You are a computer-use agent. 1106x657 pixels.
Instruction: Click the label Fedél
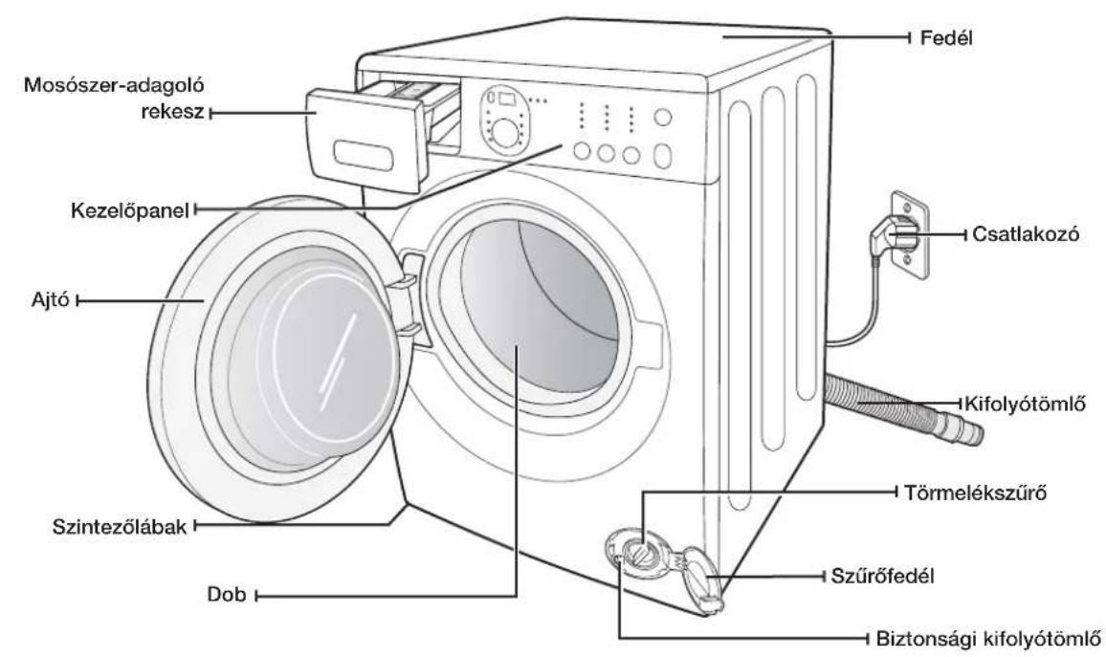[946, 37]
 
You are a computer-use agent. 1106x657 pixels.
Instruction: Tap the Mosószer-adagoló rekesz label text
[114, 98]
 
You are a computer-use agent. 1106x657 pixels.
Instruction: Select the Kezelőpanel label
[130, 210]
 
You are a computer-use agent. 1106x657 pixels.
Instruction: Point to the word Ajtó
[50, 299]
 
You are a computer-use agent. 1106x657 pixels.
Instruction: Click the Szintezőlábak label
[120, 526]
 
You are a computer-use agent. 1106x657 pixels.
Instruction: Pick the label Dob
[227, 594]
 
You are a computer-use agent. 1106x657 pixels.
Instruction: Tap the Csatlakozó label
[1026, 234]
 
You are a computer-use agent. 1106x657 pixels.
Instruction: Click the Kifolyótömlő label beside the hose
[1024, 404]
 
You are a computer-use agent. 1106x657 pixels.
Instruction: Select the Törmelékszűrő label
[976, 493]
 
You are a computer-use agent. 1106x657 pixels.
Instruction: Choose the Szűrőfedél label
[882, 576]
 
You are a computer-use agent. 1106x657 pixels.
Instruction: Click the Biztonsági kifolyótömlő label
[987, 639]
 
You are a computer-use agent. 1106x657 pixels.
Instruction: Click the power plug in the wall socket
[890, 236]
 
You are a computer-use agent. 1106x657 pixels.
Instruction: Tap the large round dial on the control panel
[505, 133]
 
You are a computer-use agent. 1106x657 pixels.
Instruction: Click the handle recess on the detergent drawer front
[364, 155]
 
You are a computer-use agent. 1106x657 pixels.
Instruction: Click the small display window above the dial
[507, 98]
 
